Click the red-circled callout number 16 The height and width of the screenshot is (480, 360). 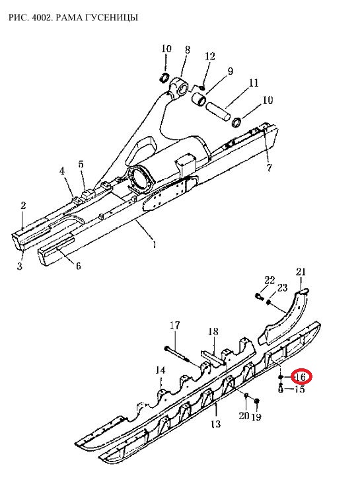[x=301, y=377]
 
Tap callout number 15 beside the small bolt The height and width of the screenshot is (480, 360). [x=300, y=389]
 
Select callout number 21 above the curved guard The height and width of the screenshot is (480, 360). [x=301, y=272]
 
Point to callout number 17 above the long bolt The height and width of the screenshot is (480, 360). [x=175, y=325]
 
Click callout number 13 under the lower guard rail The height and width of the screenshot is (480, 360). [x=216, y=424]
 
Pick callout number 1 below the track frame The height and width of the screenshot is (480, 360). [x=155, y=245]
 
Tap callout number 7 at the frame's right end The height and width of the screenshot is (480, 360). [x=269, y=168]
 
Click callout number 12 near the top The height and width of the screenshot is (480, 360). [x=210, y=56]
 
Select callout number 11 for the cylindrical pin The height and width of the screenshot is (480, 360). [x=254, y=83]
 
